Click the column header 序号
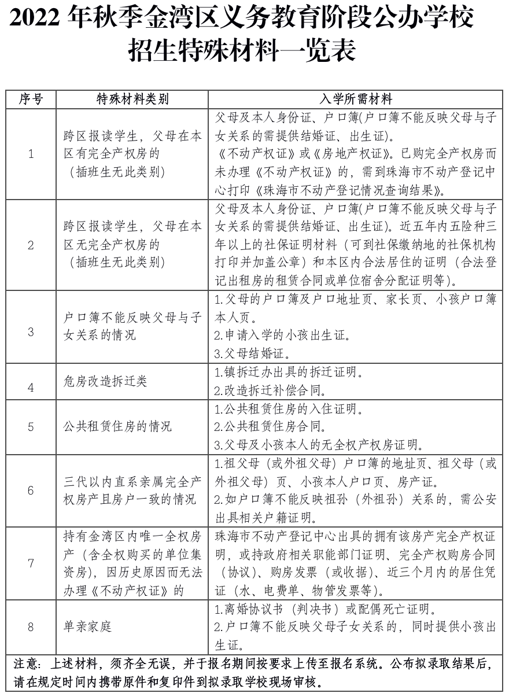coord(31,99)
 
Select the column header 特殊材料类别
coord(132,99)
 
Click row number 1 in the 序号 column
coord(31,154)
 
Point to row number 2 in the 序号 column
coord(31,245)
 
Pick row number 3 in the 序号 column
coord(31,332)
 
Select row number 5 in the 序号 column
coord(31,427)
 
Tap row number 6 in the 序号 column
coord(31,490)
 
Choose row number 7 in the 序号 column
coord(31,563)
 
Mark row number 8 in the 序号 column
coord(31,626)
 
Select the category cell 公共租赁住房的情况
coord(117,427)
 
